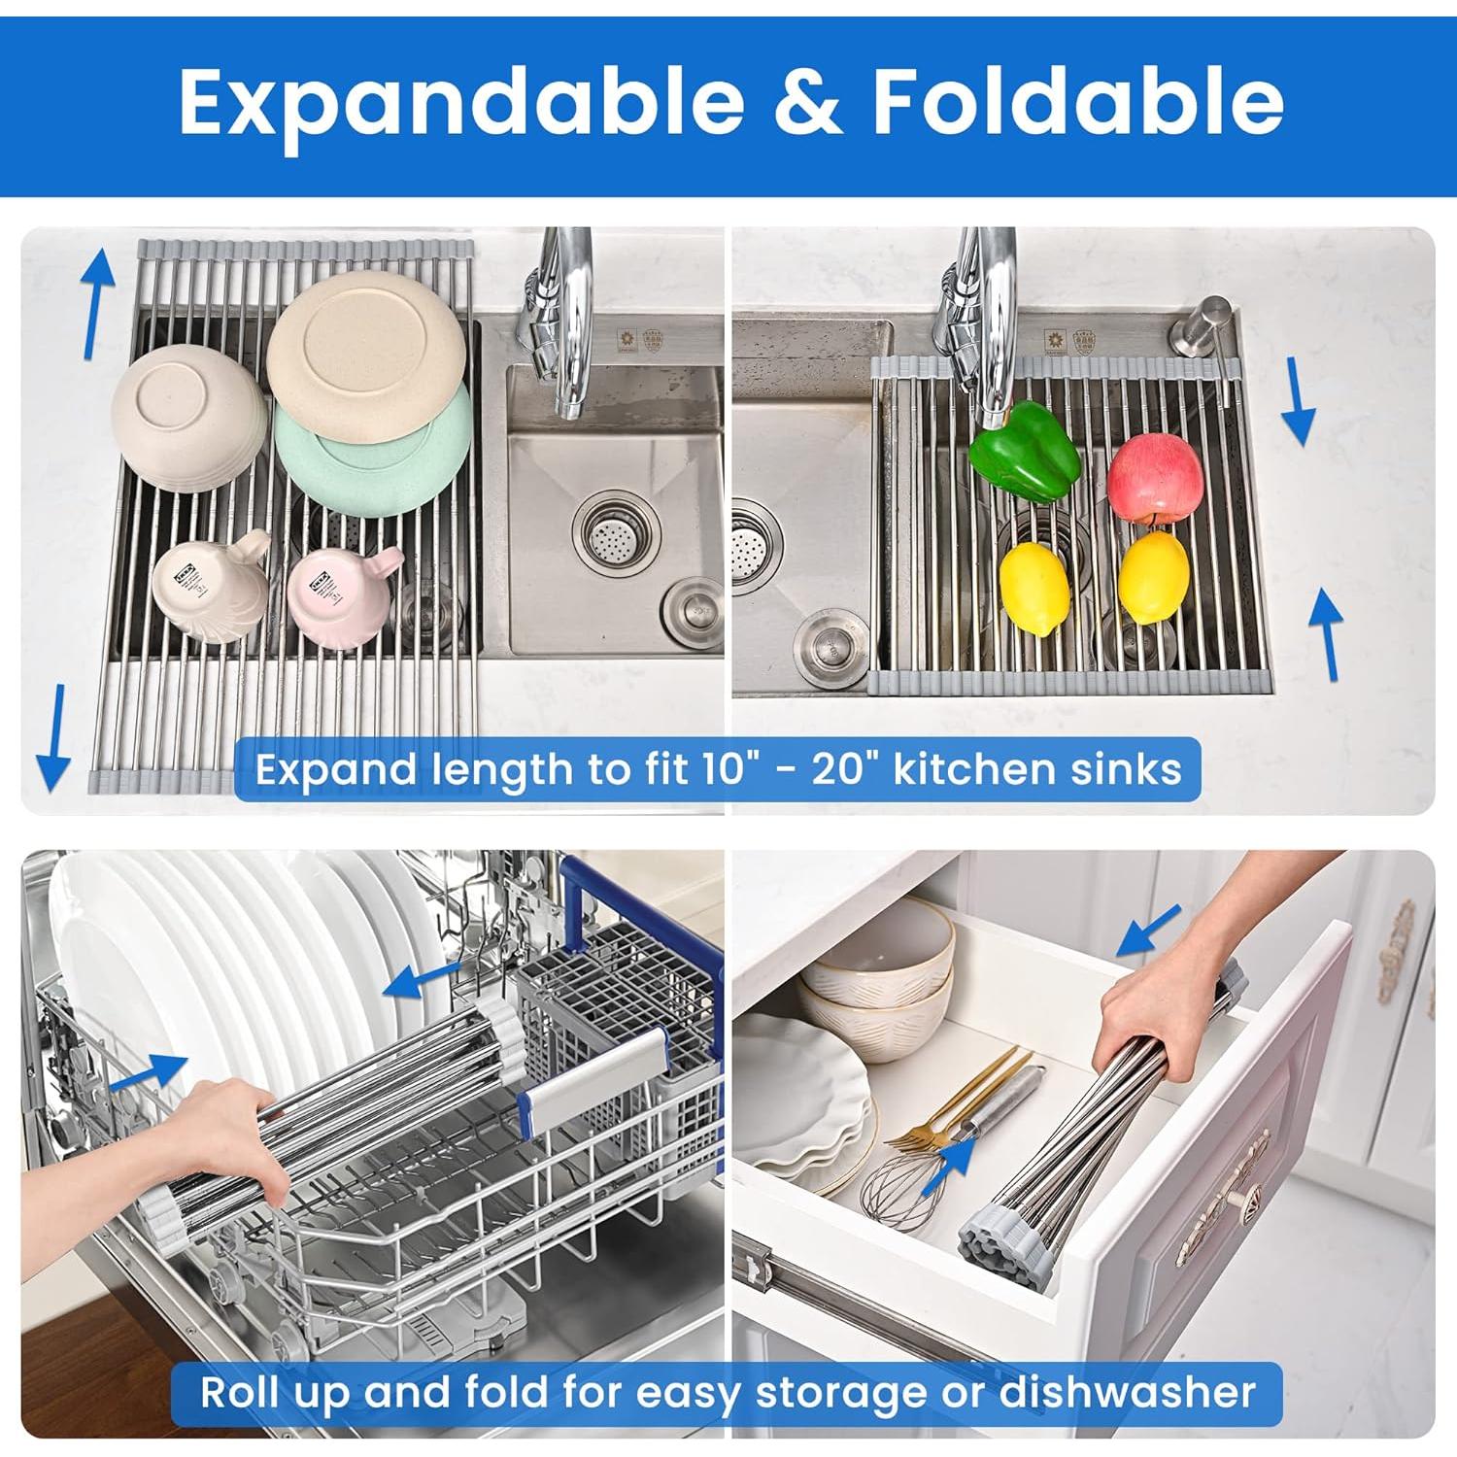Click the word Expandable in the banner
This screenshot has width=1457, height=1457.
(x=461, y=102)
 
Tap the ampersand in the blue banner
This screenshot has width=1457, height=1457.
(x=808, y=102)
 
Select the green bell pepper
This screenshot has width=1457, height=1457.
(x=1025, y=451)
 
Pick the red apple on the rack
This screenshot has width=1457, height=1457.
(x=1155, y=481)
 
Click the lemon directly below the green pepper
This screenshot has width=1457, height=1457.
(x=1034, y=589)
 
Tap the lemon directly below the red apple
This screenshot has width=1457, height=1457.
(x=1154, y=579)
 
